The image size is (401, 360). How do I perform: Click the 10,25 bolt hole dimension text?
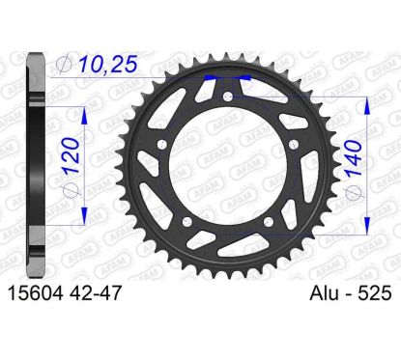click(108, 64)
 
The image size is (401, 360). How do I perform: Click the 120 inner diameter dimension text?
click(72, 156)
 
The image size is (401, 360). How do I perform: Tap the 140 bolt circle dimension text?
click(354, 159)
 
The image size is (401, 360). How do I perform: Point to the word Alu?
click(328, 293)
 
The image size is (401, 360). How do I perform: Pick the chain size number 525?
click(375, 293)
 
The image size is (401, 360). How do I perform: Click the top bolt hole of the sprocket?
click(228, 96)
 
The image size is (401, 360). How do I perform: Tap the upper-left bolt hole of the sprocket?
click(161, 144)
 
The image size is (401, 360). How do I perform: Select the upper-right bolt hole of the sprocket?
click(294, 144)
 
